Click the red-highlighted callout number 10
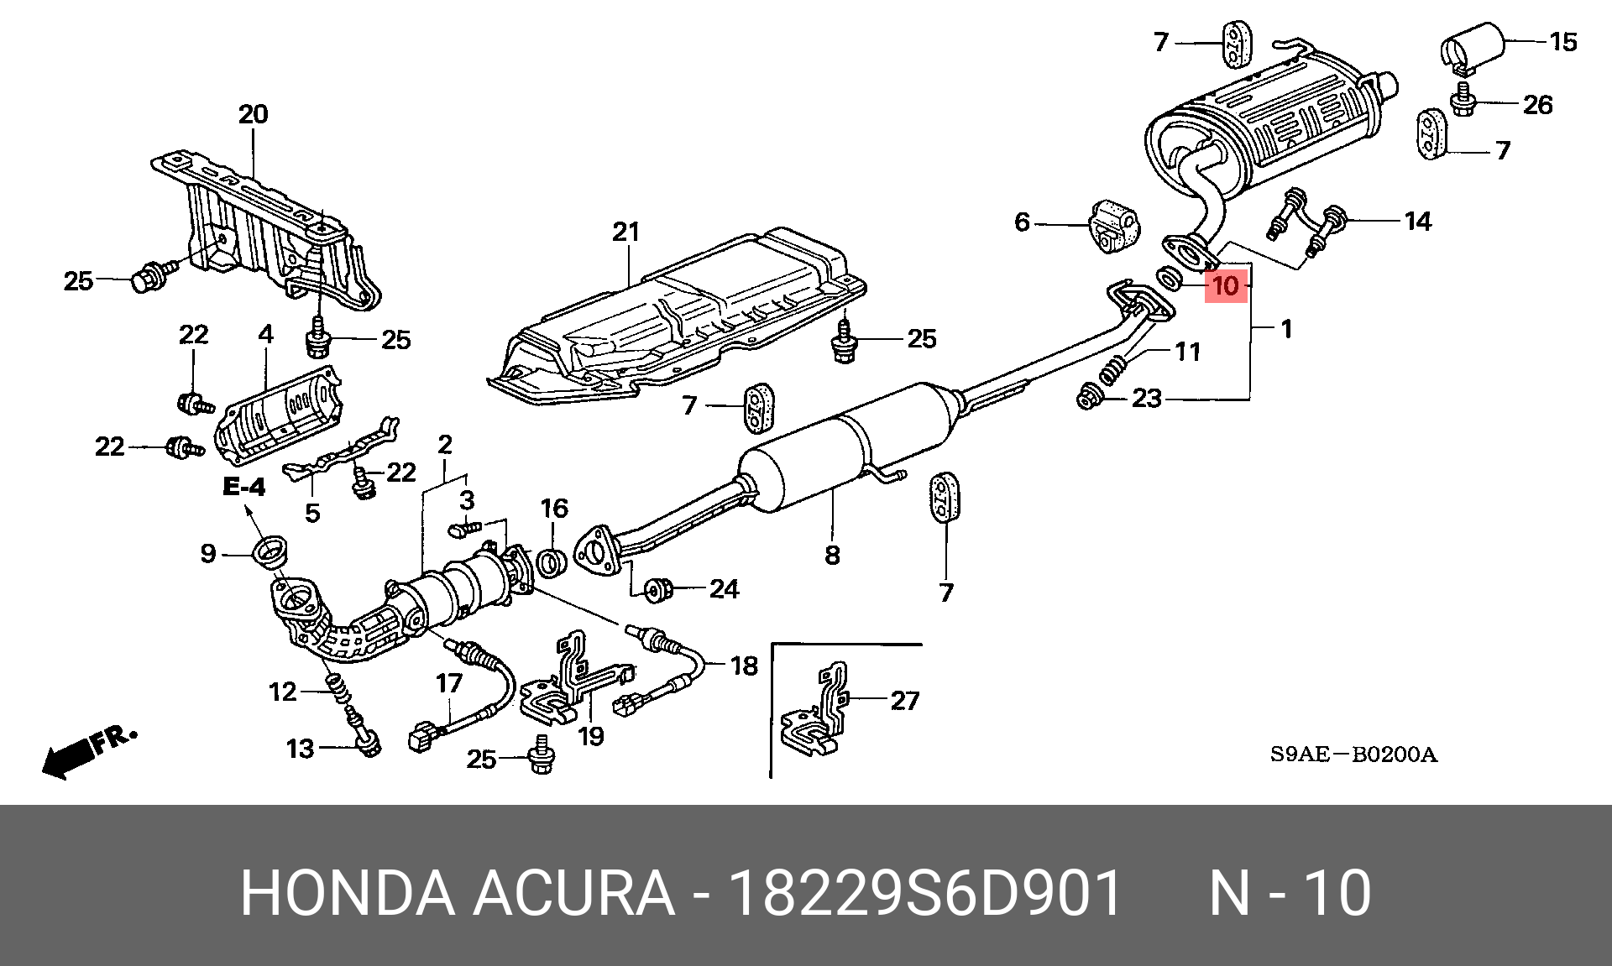1226,286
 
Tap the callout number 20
253,114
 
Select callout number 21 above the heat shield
626,232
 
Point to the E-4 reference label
244,487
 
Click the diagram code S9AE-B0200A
1353,755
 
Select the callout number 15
1563,42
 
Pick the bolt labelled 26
1463,100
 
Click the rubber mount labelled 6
1113,225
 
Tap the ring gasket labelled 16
551,562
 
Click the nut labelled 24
657,590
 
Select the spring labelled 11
1112,369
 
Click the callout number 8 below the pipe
832,555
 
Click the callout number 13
300,749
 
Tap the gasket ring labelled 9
272,552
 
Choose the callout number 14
1417,222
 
